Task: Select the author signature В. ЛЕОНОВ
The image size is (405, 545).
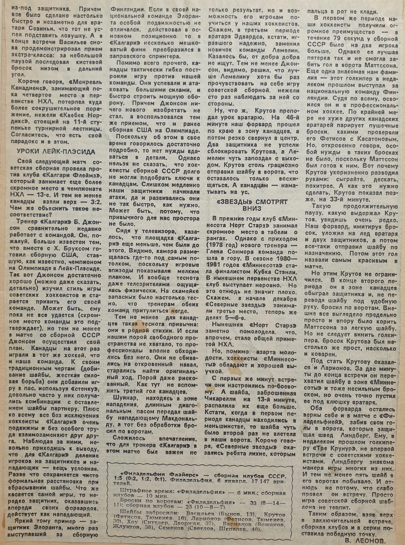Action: (365, 541)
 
